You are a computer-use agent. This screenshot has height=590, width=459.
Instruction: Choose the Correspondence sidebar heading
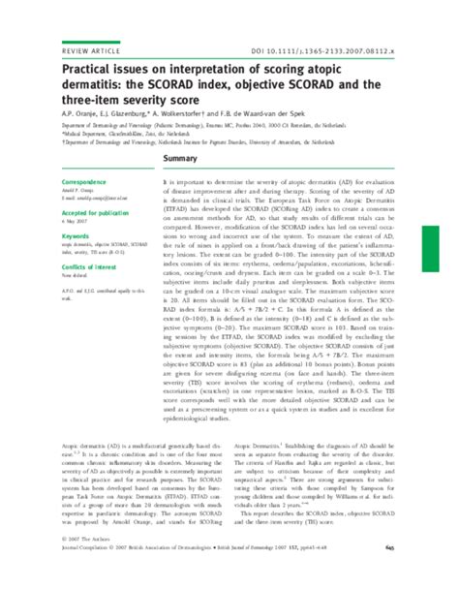click(64, 181)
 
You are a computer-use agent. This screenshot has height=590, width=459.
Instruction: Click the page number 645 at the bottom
click(422, 577)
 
